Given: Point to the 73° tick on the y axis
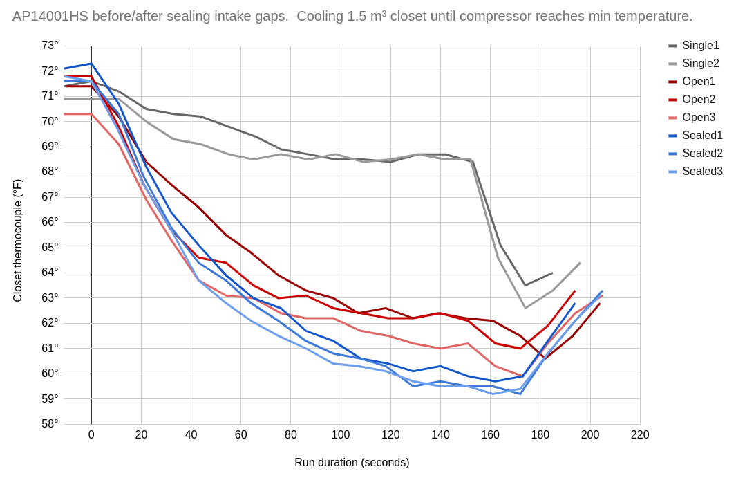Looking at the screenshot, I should coord(50,46).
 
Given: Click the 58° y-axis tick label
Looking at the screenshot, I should coord(50,423).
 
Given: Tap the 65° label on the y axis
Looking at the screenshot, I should coord(50,247).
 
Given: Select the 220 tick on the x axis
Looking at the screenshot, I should coord(640,435).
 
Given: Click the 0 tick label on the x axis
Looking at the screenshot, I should coord(91,435).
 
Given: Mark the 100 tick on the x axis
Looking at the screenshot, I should coord(341,435).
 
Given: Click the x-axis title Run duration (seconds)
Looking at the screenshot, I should coord(352,463).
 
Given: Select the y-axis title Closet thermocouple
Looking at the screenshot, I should coord(18,240).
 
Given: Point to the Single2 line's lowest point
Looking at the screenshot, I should coord(525,308).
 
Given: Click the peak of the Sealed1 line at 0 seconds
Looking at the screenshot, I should coord(91,64).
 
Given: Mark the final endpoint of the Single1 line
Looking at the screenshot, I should coord(553,273).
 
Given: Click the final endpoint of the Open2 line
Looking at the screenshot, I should coord(575,291).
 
